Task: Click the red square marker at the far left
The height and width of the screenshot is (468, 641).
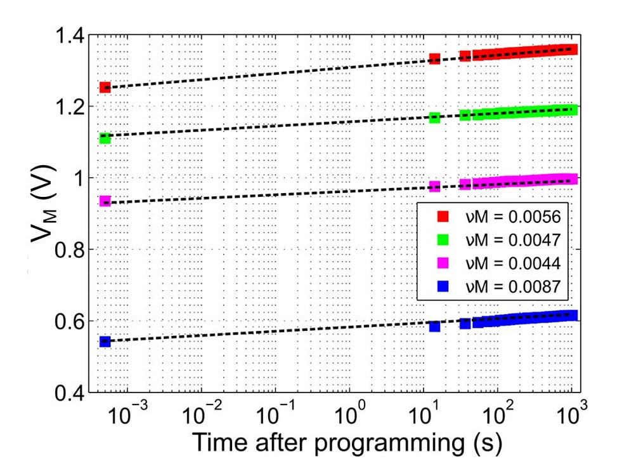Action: (x=105, y=87)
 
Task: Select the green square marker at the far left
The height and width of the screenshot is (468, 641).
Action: (x=105, y=138)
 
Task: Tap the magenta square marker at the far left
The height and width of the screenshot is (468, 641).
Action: (x=105, y=201)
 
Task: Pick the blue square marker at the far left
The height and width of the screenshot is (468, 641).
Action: (x=105, y=342)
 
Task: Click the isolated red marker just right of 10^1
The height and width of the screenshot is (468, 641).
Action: (x=434, y=58)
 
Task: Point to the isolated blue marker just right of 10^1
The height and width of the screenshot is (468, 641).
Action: (x=434, y=326)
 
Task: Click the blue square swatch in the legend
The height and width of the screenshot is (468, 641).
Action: (x=443, y=286)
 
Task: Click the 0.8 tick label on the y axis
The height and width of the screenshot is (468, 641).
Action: (x=65, y=250)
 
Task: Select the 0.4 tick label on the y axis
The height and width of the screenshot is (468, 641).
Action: (x=65, y=393)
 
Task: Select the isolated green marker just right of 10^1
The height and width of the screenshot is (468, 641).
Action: (x=434, y=117)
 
